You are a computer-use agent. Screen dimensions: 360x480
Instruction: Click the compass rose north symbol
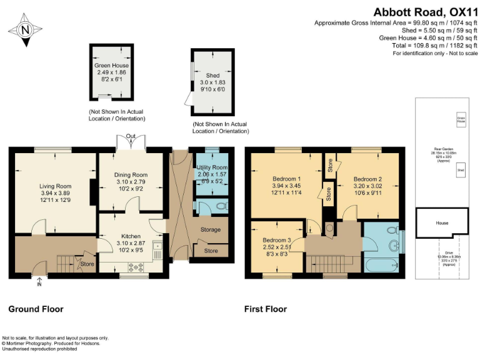(24, 29)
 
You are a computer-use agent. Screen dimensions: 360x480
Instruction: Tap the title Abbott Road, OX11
(425, 11)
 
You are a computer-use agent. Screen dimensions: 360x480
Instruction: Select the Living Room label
(56, 186)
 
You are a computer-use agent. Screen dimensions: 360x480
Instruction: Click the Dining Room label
(129, 174)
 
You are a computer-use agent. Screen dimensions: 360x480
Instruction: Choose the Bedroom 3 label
(276, 240)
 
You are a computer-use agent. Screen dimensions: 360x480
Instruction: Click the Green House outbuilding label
(111, 65)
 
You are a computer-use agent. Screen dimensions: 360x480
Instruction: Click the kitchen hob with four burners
(135, 267)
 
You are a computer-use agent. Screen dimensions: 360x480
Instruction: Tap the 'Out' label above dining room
(131, 136)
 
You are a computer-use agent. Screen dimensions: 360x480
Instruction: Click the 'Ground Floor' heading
(36, 309)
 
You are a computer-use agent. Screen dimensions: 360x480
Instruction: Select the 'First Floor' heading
(266, 309)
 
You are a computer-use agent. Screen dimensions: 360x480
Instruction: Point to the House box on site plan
(442, 222)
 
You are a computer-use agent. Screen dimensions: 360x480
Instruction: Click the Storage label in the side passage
(211, 229)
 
